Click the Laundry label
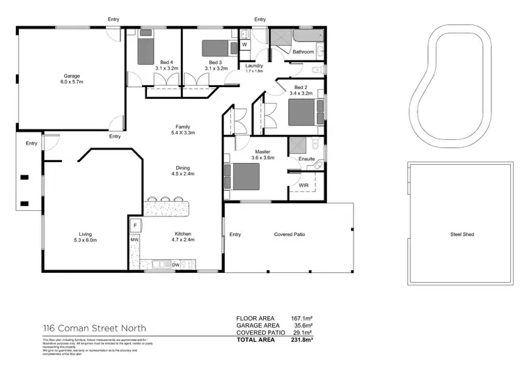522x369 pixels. click(x=254, y=68)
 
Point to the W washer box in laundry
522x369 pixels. click(x=244, y=45)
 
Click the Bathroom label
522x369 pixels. click(x=303, y=52)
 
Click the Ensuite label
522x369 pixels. click(x=306, y=159)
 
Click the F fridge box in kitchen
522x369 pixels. click(x=135, y=225)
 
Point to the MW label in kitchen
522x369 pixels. click(x=134, y=241)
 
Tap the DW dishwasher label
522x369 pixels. click(x=176, y=265)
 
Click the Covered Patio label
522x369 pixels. click(x=290, y=235)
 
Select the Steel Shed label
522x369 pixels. click(x=461, y=235)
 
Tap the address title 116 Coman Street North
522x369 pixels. click(x=93, y=328)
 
